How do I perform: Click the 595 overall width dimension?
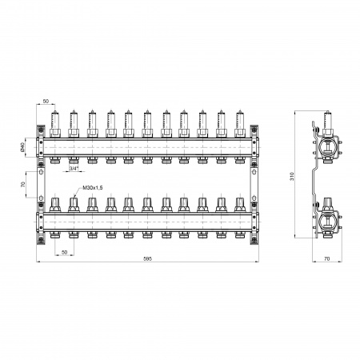coord(147,258)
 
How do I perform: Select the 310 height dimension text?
coord(291,176)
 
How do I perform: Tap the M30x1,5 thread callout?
coord(93,188)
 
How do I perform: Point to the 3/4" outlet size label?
coord(74,169)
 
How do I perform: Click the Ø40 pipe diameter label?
coord(22,147)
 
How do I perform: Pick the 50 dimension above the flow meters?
coord(46,102)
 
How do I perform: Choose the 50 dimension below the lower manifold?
coord(64,252)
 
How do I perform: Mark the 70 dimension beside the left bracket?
coord(22,184)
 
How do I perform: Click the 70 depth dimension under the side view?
coord(327,258)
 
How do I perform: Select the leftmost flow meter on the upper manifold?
coord(55,124)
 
